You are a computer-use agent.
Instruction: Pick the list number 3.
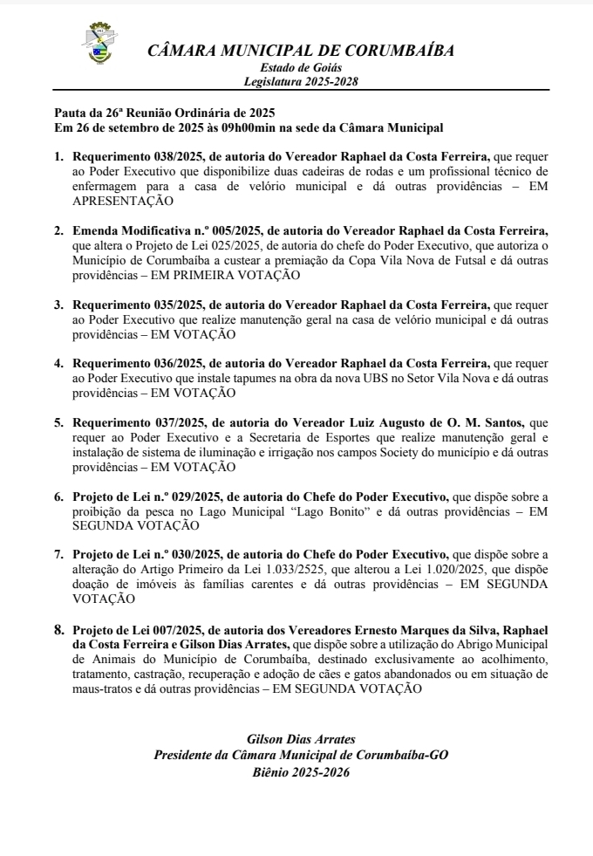[58, 305]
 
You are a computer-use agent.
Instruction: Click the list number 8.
[58, 627]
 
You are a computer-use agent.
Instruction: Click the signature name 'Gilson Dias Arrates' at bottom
[302, 739]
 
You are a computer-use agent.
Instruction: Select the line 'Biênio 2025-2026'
[302, 772]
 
